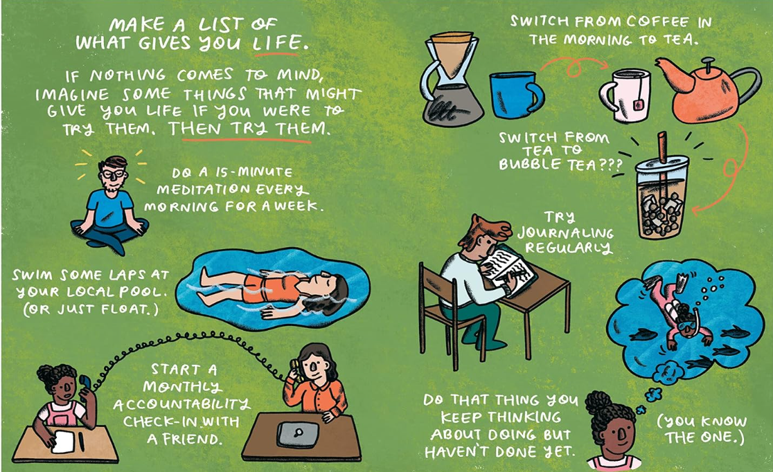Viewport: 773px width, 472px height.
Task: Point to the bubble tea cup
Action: (x=662, y=192)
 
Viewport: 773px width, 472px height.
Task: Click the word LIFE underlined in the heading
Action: (x=276, y=42)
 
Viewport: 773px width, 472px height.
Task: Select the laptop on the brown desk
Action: (x=297, y=434)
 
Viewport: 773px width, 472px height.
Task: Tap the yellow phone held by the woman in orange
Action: (x=296, y=369)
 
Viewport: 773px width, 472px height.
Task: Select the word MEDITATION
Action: (x=203, y=189)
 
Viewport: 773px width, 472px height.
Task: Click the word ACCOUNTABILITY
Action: (x=181, y=404)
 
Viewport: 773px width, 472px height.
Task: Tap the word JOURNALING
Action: (x=565, y=232)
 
